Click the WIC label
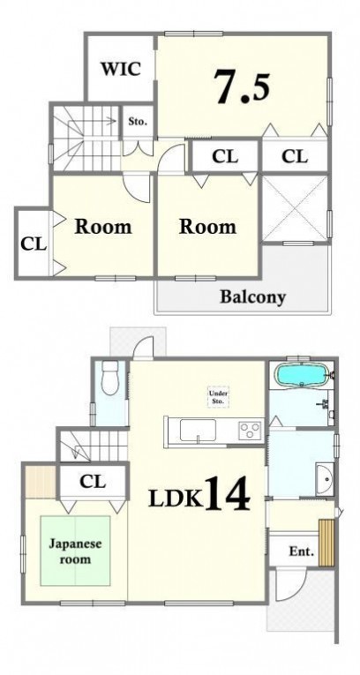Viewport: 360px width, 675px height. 121,69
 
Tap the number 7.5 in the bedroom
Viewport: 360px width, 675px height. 243,87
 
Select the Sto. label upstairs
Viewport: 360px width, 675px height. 138,122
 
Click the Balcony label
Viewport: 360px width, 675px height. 252,297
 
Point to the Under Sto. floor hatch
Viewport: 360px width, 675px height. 218,397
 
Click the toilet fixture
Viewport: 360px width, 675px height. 110,378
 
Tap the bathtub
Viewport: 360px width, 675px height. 302,375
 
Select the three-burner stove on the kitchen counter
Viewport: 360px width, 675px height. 251,430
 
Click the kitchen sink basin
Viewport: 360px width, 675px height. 198,430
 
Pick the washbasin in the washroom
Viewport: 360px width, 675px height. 324,478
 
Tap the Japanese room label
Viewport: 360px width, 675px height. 75,551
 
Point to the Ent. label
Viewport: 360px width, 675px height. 301,551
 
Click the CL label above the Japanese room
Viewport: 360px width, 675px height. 92,482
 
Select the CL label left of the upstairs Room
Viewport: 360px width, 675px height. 34,245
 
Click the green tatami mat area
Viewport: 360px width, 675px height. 75,551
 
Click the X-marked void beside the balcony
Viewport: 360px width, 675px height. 296,208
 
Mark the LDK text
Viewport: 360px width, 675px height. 176,499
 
